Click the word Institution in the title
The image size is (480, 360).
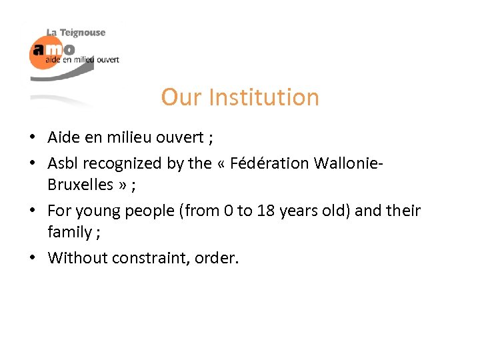click(264, 97)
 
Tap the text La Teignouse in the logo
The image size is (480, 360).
click(75, 33)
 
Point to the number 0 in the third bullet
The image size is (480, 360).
click(227, 211)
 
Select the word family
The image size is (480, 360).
click(69, 232)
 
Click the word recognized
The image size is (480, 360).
click(127, 163)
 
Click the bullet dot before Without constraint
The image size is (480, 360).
click(32, 258)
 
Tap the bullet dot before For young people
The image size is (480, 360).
click(32, 211)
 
